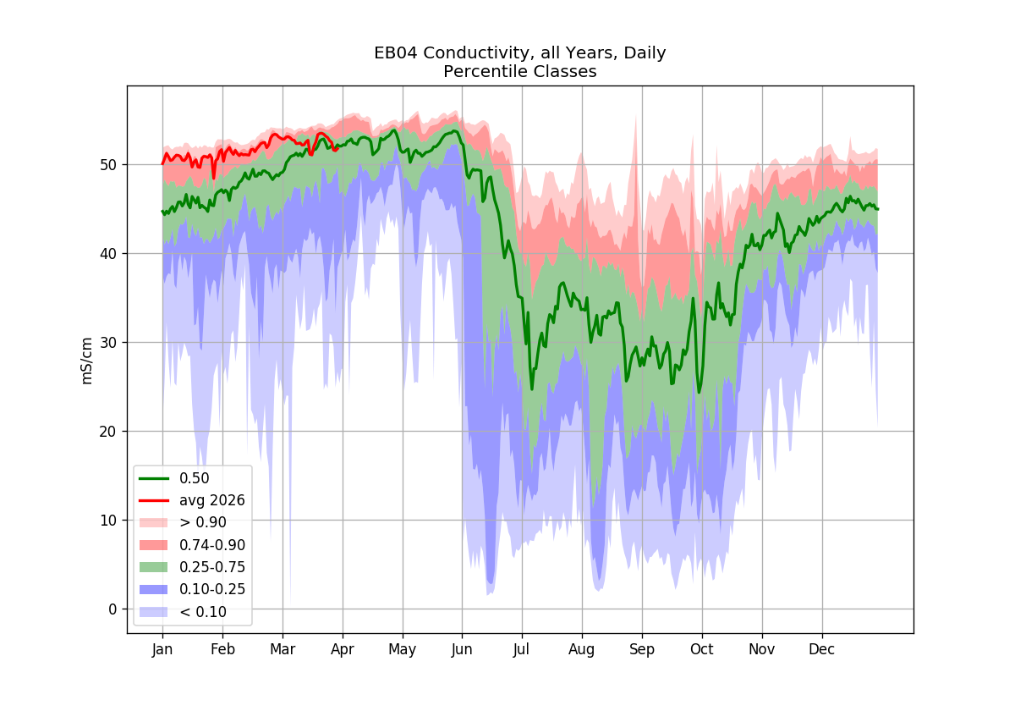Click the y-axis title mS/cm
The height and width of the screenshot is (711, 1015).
(86, 361)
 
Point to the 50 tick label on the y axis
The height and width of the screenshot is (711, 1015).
(108, 165)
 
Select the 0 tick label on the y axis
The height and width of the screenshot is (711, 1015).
(112, 609)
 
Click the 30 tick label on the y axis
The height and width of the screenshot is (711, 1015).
(108, 343)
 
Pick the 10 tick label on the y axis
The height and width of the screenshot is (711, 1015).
(108, 521)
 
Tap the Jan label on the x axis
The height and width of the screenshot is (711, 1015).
(162, 649)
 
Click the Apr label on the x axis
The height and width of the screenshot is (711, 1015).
(343, 649)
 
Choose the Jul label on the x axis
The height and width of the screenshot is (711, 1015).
(522, 649)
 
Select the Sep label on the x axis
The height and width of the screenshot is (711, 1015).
(642, 649)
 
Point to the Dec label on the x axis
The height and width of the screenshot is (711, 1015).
(822, 649)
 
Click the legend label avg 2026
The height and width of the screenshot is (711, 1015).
(212, 500)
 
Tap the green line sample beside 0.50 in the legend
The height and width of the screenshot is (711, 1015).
(154, 478)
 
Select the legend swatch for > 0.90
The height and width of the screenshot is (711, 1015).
(154, 523)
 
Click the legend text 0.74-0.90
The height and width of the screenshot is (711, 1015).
(212, 545)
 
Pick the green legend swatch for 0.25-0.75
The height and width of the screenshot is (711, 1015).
(154, 567)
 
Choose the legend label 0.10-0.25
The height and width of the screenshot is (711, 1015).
(212, 589)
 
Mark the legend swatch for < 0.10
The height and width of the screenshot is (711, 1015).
(154, 612)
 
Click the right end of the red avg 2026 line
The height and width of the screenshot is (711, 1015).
(338, 148)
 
